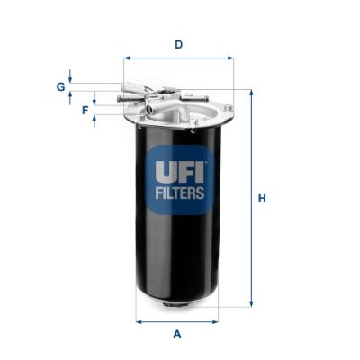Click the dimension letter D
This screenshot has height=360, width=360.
178,44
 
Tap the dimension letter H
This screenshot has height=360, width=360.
262,198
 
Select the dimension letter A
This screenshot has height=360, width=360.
177,335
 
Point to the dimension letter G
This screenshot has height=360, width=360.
60,86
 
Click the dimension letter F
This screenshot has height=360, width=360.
85,110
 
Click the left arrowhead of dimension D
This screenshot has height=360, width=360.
127,58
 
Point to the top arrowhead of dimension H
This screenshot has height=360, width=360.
250,93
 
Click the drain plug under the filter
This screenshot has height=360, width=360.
177,310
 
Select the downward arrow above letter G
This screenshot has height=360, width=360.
71,79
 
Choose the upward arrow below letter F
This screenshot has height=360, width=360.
94,121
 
